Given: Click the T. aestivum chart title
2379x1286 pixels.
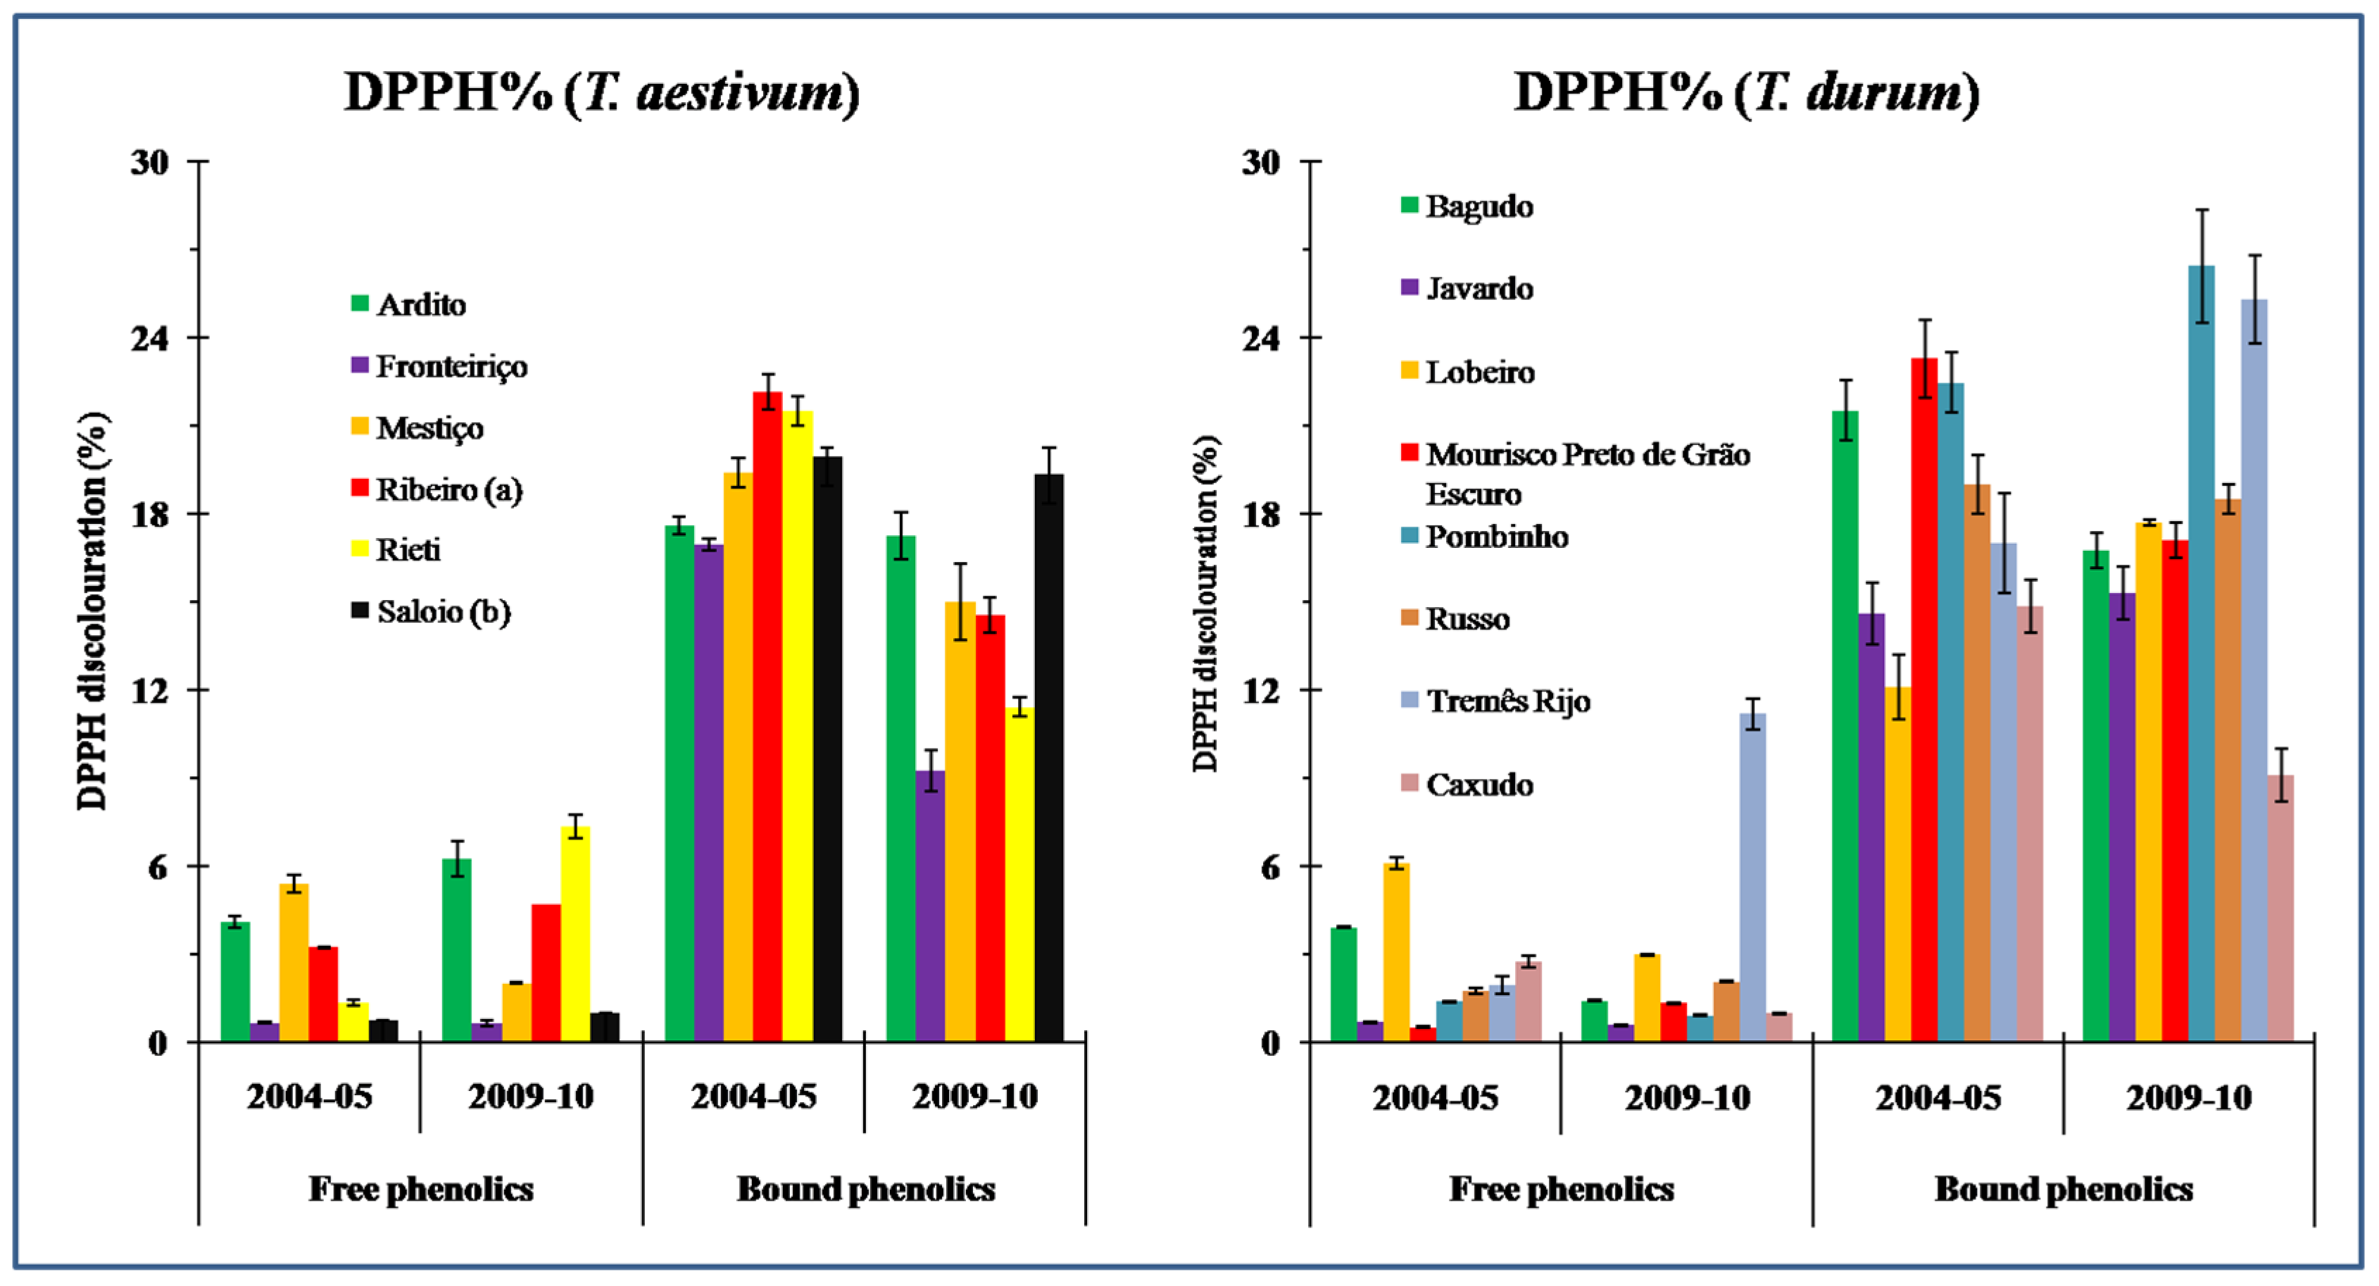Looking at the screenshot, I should (x=601, y=92).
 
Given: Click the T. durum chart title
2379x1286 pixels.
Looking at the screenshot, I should (x=1745, y=92).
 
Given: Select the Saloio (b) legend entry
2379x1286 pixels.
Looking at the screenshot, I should (x=432, y=611).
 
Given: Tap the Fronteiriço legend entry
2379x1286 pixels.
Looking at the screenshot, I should (x=439, y=367).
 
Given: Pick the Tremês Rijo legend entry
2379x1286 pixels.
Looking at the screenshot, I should (x=1495, y=701).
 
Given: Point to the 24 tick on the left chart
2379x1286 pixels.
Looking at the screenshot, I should (x=151, y=338).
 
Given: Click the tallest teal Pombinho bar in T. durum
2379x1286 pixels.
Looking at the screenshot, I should (x=2201, y=647).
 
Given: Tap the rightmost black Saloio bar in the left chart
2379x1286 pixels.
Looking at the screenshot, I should (x=1048, y=758).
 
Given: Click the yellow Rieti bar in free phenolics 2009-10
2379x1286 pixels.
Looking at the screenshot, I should (x=575, y=933).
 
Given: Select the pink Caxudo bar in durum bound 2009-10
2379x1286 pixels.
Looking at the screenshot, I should (x=2280, y=910).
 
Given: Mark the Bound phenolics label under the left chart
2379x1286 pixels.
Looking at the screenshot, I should (x=865, y=1189).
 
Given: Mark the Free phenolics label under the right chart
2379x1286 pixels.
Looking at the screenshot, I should (x=1561, y=1189).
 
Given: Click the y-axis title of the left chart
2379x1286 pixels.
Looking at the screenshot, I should (x=92, y=610).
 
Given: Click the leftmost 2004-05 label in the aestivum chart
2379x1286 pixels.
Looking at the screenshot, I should (x=308, y=1097).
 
